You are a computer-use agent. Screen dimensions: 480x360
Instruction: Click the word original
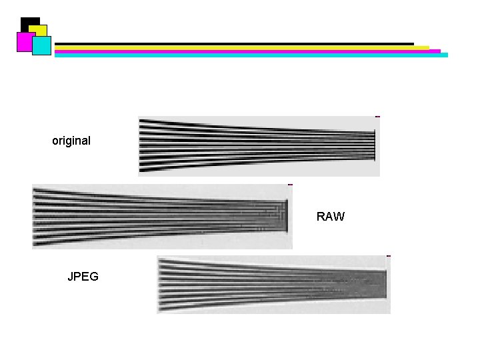pos(71,141)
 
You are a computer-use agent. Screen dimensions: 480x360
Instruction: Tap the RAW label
pos(330,217)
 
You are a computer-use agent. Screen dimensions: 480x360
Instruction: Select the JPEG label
pos(83,277)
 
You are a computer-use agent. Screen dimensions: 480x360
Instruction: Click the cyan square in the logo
pos(41,45)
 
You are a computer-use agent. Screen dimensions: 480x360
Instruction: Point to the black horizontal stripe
pos(234,44)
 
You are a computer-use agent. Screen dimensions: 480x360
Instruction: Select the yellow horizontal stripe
pos(242,48)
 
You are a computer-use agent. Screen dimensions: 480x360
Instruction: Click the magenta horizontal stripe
pos(247,51)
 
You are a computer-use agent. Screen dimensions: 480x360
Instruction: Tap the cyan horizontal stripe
pos(251,55)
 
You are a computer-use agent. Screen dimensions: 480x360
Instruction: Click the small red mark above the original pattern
pos(377,117)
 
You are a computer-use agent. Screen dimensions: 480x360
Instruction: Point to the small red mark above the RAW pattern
pos(290,185)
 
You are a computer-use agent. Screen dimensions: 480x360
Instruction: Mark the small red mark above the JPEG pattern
pos(389,256)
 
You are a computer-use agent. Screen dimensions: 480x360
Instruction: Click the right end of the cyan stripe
pos(447,55)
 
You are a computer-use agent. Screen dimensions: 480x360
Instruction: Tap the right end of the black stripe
pos(413,44)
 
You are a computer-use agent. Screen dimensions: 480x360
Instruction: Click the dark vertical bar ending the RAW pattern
pos(287,216)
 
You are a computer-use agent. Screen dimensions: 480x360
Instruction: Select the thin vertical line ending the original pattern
pos(375,145)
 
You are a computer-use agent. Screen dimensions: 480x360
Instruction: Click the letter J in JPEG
pos(70,277)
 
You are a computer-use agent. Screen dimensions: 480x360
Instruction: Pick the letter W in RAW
pos(339,217)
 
